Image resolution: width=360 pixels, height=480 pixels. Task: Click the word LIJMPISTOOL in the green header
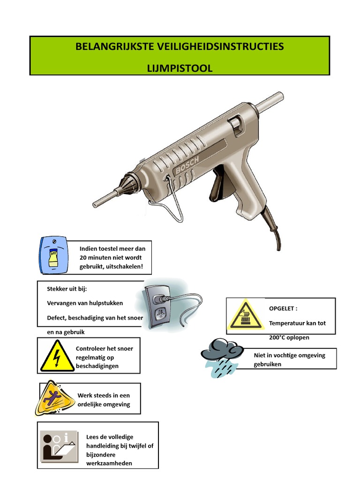point(180,68)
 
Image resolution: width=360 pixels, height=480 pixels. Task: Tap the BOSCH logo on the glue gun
point(187,165)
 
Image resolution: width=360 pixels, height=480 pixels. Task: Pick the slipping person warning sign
point(55,398)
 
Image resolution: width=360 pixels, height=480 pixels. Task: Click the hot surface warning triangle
point(245,315)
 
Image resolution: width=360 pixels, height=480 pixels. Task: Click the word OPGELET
point(282,308)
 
